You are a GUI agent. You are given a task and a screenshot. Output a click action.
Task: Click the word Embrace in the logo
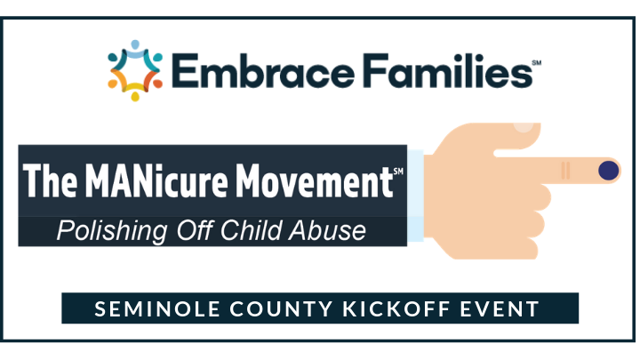tap(263, 70)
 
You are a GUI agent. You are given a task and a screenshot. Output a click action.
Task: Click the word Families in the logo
tap(448, 70)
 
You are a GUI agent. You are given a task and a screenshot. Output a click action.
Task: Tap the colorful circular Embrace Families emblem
tap(135, 70)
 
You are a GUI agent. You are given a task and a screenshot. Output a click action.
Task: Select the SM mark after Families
tap(537, 62)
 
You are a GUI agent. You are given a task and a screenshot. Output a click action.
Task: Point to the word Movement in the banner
tap(315, 180)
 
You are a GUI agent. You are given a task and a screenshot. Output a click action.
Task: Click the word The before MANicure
tap(50, 180)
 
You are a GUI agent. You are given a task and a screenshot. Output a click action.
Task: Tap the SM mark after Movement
tap(398, 171)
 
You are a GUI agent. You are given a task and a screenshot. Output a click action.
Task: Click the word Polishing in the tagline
tap(112, 231)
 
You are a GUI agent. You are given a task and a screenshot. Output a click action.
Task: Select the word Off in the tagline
tap(195, 230)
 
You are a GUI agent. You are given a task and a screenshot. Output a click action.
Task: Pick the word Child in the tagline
tap(251, 230)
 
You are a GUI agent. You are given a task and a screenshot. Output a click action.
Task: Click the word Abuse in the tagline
tap(327, 230)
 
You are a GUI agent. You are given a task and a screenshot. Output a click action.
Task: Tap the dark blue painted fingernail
tap(609, 170)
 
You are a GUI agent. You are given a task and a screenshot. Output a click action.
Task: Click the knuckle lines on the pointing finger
tap(565, 170)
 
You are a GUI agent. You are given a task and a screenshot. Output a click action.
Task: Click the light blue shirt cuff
tap(415, 196)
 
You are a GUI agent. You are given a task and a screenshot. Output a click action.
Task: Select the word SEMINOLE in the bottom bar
tap(157, 308)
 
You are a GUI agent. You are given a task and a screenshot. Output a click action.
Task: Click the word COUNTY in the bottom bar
tap(281, 308)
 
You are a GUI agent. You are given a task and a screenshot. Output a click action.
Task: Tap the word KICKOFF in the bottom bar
tap(396, 308)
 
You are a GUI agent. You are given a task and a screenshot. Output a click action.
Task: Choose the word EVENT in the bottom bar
tap(500, 308)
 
